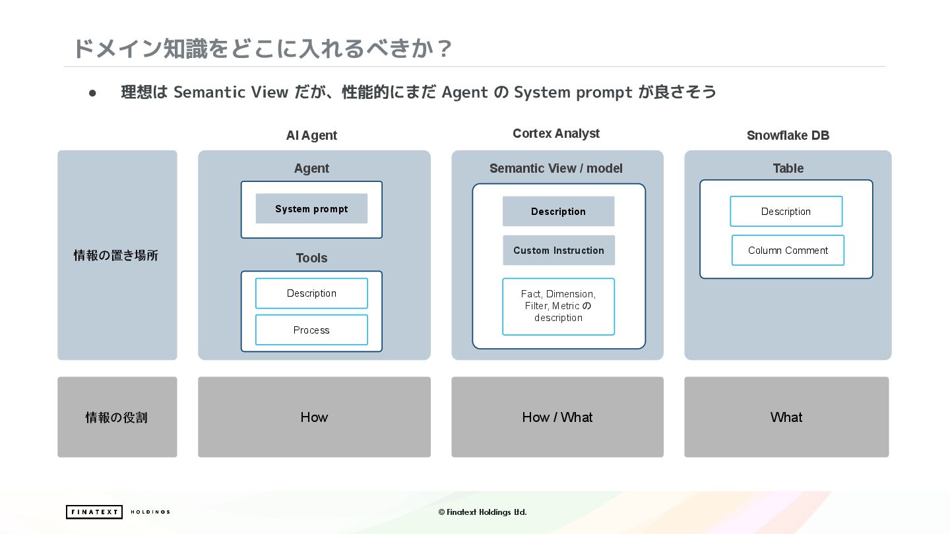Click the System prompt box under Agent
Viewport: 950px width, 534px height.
coord(311,209)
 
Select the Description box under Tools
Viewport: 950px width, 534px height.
coord(311,293)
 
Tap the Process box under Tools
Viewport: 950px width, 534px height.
coord(311,330)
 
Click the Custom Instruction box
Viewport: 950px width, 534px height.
coord(559,251)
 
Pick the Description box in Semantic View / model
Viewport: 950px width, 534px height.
coord(558,212)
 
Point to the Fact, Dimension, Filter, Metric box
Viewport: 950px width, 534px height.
coord(558,307)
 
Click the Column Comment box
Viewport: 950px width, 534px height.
coord(788,251)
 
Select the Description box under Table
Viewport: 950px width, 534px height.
coord(786,212)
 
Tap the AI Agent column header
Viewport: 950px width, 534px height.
coord(311,135)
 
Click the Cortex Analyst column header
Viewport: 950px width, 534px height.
coord(556,134)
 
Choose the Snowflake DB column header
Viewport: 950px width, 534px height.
coord(788,135)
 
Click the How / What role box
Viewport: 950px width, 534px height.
coord(557,417)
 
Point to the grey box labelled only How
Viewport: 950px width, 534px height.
coord(314,417)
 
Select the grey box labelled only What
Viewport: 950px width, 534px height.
coord(786,417)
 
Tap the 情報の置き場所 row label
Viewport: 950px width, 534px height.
coord(116,256)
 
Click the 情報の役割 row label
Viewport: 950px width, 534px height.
coord(116,417)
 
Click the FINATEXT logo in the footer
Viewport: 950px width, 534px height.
coord(94,512)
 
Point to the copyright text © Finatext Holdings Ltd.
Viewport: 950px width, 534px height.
coord(482,512)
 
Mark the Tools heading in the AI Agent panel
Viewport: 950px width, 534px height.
coord(311,258)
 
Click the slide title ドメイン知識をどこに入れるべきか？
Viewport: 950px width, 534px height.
coord(262,48)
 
